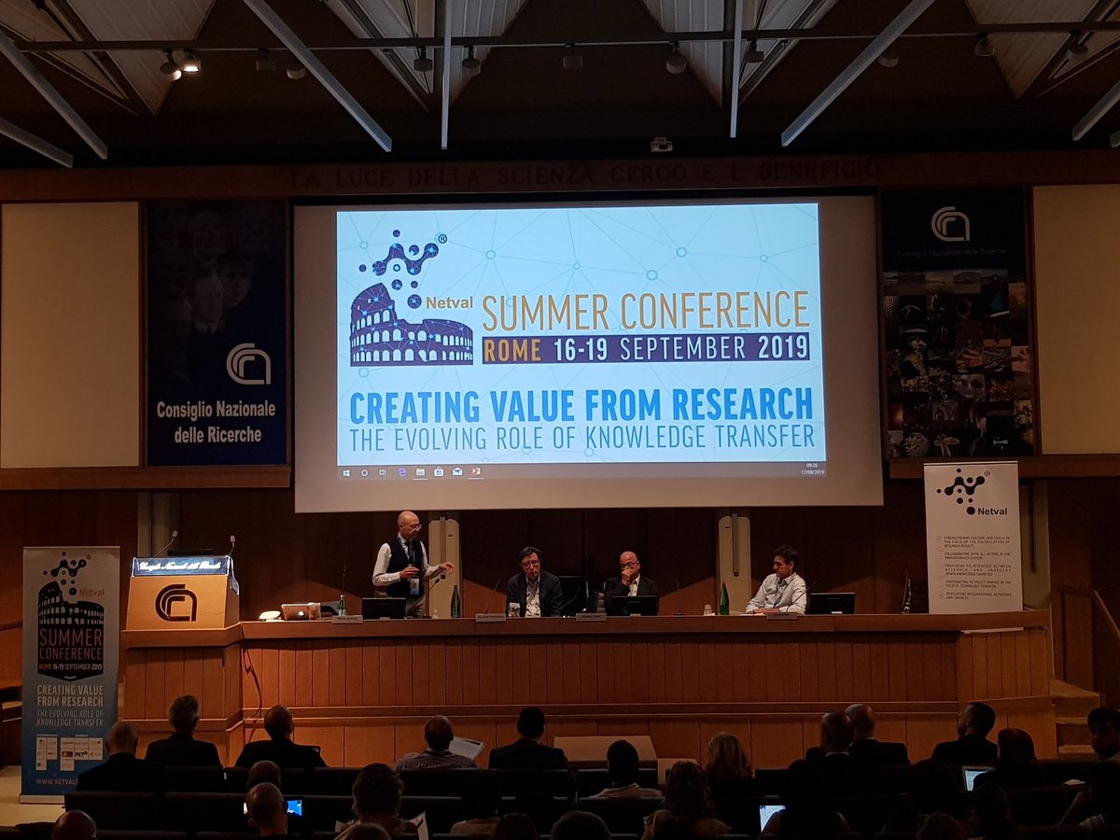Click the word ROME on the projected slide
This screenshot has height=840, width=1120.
pos(511,349)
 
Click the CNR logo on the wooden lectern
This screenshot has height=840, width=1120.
pos(175,603)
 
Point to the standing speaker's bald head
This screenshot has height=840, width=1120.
pos(407,521)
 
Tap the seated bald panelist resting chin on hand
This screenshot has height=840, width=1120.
pos(631,579)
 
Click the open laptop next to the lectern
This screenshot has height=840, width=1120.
pos(298,611)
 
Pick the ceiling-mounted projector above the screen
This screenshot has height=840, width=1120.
pos(661,145)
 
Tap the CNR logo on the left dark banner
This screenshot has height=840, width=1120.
pos(248,364)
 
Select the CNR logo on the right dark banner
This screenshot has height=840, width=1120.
pos(949,224)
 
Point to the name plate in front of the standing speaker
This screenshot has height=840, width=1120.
pos(346,619)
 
